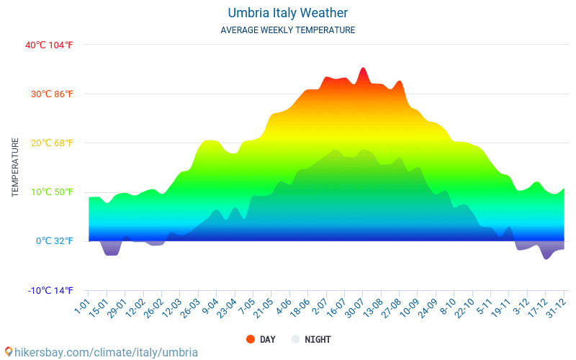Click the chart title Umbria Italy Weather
288,13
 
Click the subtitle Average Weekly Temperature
288,30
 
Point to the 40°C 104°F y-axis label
49,45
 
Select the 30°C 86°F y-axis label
49,94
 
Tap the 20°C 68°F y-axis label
49,143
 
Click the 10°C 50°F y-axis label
49,192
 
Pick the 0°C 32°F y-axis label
54,241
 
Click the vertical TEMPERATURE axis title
15,168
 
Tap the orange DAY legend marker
251,339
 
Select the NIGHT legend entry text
318,339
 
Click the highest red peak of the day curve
364,69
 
